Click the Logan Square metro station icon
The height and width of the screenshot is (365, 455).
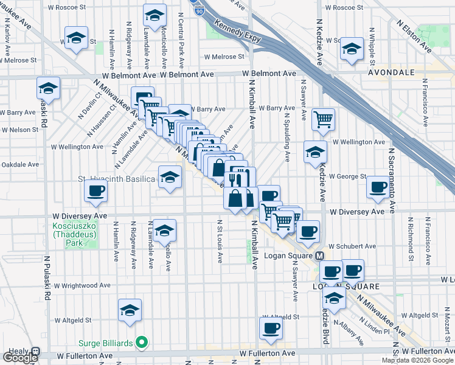[319, 257]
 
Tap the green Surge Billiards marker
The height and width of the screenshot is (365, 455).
[142, 344]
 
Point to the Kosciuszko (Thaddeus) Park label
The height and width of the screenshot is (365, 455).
[74, 234]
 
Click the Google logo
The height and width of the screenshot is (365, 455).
[21, 358]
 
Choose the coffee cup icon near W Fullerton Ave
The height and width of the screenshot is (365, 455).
[271, 328]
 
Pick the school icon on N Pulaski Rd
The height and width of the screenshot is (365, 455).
[48, 88]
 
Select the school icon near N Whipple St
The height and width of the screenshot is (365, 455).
[352, 49]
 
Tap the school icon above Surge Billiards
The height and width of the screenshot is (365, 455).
[130, 310]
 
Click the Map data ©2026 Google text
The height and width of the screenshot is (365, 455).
[417, 360]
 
